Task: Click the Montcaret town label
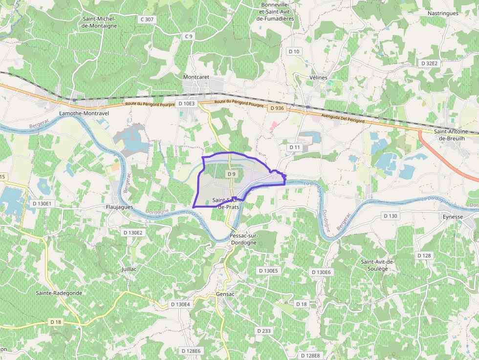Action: (x=196, y=77)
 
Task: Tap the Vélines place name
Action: (x=318, y=78)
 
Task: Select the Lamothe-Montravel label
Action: (x=84, y=113)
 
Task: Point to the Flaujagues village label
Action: (x=120, y=207)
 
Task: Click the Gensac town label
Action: (x=226, y=294)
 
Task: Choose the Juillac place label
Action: (x=129, y=269)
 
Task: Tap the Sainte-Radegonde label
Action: (x=59, y=293)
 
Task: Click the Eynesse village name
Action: (x=452, y=216)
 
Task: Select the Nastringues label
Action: (x=443, y=13)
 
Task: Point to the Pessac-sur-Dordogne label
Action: (x=243, y=239)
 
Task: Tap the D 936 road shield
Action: (x=277, y=108)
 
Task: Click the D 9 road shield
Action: (x=232, y=174)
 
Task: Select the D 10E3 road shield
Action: (x=187, y=104)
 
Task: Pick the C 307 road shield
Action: (x=147, y=20)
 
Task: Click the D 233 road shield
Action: (x=263, y=331)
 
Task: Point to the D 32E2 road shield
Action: (x=430, y=64)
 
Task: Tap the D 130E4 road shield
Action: (x=180, y=304)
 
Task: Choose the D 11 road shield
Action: (x=294, y=147)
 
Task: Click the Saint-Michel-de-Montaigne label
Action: (x=100, y=22)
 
